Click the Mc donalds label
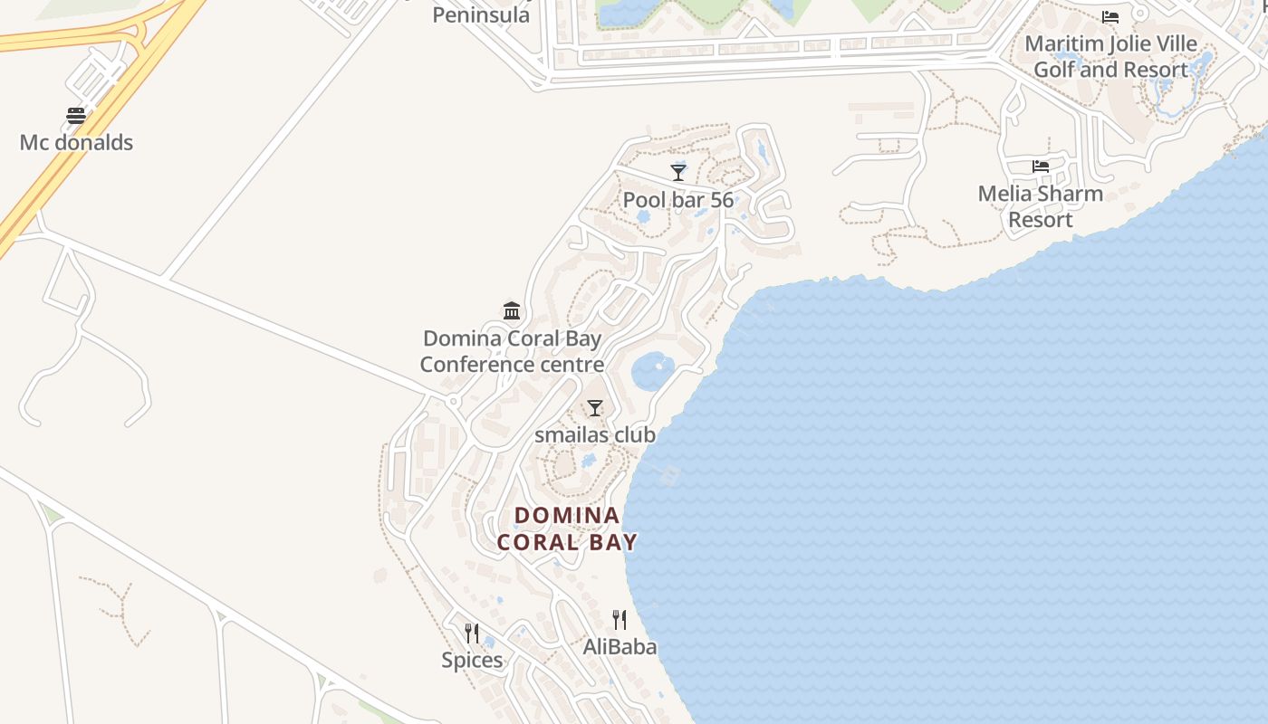(76, 142)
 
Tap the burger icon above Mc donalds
(76, 116)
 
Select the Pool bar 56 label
(677, 200)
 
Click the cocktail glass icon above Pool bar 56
(677, 172)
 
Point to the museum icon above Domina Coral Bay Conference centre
(512, 310)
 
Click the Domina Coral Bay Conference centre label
(512, 351)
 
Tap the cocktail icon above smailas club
(595, 408)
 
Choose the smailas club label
(595, 434)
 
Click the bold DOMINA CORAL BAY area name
(568, 529)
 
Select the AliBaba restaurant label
(620, 647)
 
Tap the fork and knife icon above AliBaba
(620, 620)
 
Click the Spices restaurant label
(472, 661)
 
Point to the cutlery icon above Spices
(472, 633)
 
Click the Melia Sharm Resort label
(1041, 206)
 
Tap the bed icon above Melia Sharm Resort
(1041, 167)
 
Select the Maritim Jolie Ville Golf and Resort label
(1110, 56)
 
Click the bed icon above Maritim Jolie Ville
(1110, 17)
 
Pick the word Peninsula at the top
(481, 14)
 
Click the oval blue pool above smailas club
(652, 369)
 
